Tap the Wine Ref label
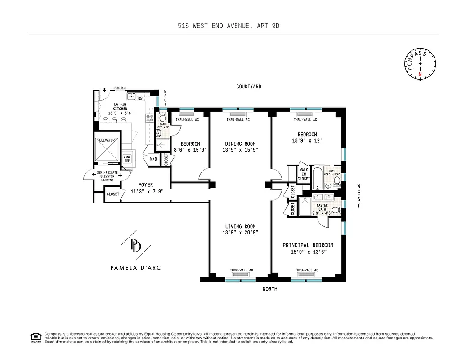tap(127, 158)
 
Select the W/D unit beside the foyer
tap(153, 159)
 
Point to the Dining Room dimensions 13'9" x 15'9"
tap(240, 150)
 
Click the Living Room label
tap(240, 226)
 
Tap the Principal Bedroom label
tap(308, 245)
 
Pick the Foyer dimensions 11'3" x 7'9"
tap(146, 191)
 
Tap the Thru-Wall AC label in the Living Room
tap(242, 270)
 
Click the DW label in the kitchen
tap(140, 99)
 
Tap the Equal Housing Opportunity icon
tap(35, 337)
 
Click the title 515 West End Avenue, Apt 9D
tap(229, 26)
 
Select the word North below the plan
tap(270, 289)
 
